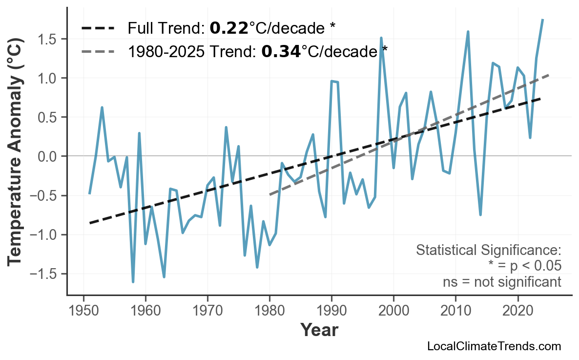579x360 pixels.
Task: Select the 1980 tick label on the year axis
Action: (269, 311)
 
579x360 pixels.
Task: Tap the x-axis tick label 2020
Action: (517, 311)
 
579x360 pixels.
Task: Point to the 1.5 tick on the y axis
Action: (50, 39)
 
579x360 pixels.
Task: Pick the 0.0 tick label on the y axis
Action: (50, 156)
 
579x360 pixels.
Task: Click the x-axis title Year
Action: (319, 331)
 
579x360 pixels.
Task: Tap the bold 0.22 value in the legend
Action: (228, 28)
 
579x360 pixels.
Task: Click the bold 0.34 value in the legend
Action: (281, 51)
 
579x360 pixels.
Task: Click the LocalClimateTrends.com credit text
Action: (494, 346)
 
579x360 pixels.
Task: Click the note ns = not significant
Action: (502, 282)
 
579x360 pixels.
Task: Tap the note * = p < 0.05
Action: (524, 266)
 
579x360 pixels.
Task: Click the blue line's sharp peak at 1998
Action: (381, 38)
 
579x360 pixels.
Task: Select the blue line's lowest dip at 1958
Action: (133, 282)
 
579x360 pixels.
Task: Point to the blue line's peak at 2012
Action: (468, 32)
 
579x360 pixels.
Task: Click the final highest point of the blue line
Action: (542, 20)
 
